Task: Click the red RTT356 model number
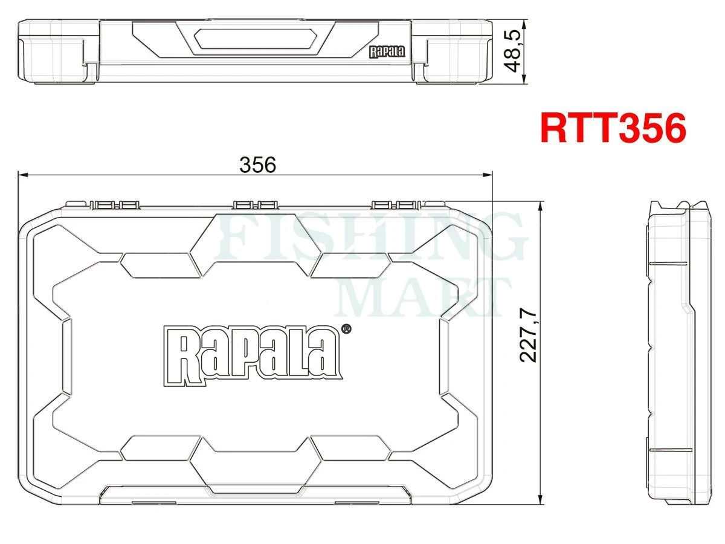click(x=613, y=128)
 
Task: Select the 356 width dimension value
click(x=257, y=164)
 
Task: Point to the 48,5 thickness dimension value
click(x=514, y=52)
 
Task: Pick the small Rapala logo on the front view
click(x=387, y=52)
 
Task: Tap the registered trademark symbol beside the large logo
click(x=346, y=329)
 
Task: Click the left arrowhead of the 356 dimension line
click(x=22, y=175)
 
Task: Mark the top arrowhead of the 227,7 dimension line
click(x=539, y=206)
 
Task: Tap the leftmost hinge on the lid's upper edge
click(x=115, y=205)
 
